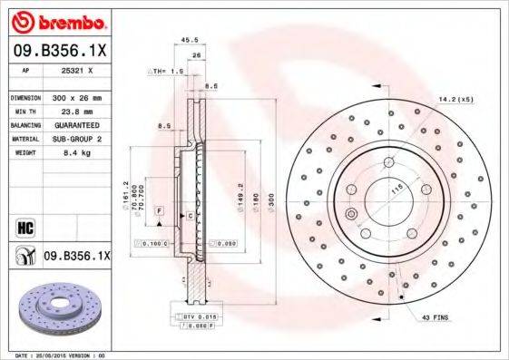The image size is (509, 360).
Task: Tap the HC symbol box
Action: point(24,225)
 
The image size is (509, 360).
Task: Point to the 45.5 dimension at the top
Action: point(190,40)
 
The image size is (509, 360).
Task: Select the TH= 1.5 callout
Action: point(166,70)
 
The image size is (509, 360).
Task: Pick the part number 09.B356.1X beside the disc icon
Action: point(76,258)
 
